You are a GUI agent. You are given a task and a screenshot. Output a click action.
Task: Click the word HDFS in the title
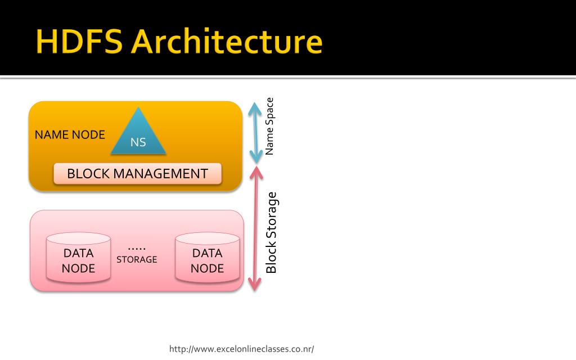click(79, 41)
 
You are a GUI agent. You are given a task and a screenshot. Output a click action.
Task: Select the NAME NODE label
click(70, 135)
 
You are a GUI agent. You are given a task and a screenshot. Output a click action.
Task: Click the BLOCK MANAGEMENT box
click(137, 173)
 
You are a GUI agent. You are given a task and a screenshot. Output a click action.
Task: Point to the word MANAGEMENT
click(160, 173)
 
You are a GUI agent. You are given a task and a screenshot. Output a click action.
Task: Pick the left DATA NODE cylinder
click(78, 257)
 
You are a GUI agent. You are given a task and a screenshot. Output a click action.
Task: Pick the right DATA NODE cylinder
click(207, 257)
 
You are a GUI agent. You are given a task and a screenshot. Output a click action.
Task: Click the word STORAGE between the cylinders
click(137, 259)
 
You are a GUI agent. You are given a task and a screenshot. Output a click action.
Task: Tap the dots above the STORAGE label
click(137, 249)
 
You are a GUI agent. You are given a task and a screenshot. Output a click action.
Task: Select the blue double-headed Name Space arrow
click(255, 133)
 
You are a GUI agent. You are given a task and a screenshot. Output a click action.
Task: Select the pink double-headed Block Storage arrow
click(256, 228)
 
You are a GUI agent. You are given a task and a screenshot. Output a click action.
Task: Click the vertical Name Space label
click(269, 126)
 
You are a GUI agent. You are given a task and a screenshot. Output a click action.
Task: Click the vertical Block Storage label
click(271, 232)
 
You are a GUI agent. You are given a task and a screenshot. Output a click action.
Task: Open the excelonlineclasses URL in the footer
click(241, 349)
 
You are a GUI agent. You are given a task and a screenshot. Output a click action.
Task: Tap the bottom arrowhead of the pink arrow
click(255, 285)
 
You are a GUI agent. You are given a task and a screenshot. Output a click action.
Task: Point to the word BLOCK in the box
click(88, 173)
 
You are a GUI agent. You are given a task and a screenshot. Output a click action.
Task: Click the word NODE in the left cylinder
click(78, 268)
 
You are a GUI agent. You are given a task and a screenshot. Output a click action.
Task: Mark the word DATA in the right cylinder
click(207, 253)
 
